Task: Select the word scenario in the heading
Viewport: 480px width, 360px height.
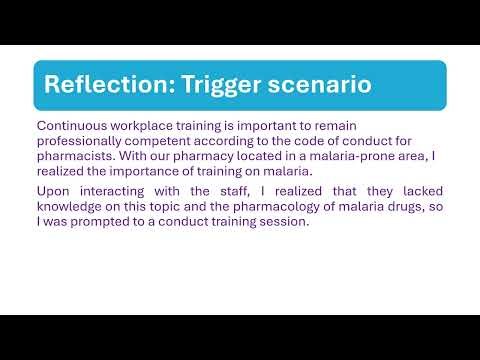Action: coord(321,85)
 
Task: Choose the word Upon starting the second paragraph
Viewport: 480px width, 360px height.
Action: coord(53,191)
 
